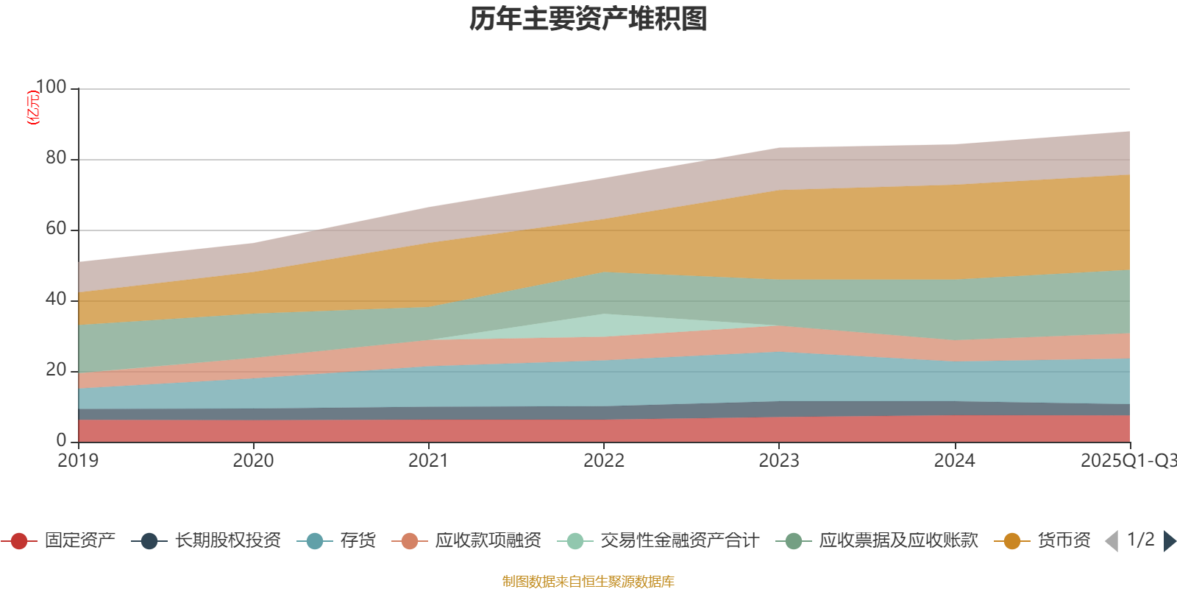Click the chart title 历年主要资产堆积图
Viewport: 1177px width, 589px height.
tap(588, 20)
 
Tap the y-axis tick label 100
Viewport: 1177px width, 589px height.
tap(51, 88)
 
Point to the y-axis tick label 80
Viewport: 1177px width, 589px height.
tap(55, 158)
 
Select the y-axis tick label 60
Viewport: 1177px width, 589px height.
tap(55, 229)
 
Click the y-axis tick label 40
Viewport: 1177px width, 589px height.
tap(55, 300)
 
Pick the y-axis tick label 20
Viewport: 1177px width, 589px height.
tap(55, 370)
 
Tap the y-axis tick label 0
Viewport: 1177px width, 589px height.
tap(61, 440)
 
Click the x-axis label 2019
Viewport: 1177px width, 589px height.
tap(78, 461)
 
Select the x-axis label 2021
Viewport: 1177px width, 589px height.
tap(428, 461)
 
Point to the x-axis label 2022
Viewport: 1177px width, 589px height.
tap(603, 461)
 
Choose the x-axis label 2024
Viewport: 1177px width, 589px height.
tap(954, 461)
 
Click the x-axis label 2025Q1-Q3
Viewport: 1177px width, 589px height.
tap(1127, 461)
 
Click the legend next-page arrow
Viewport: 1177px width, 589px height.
tap(1169, 541)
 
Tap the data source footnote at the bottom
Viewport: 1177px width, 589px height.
tap(588, 582)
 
